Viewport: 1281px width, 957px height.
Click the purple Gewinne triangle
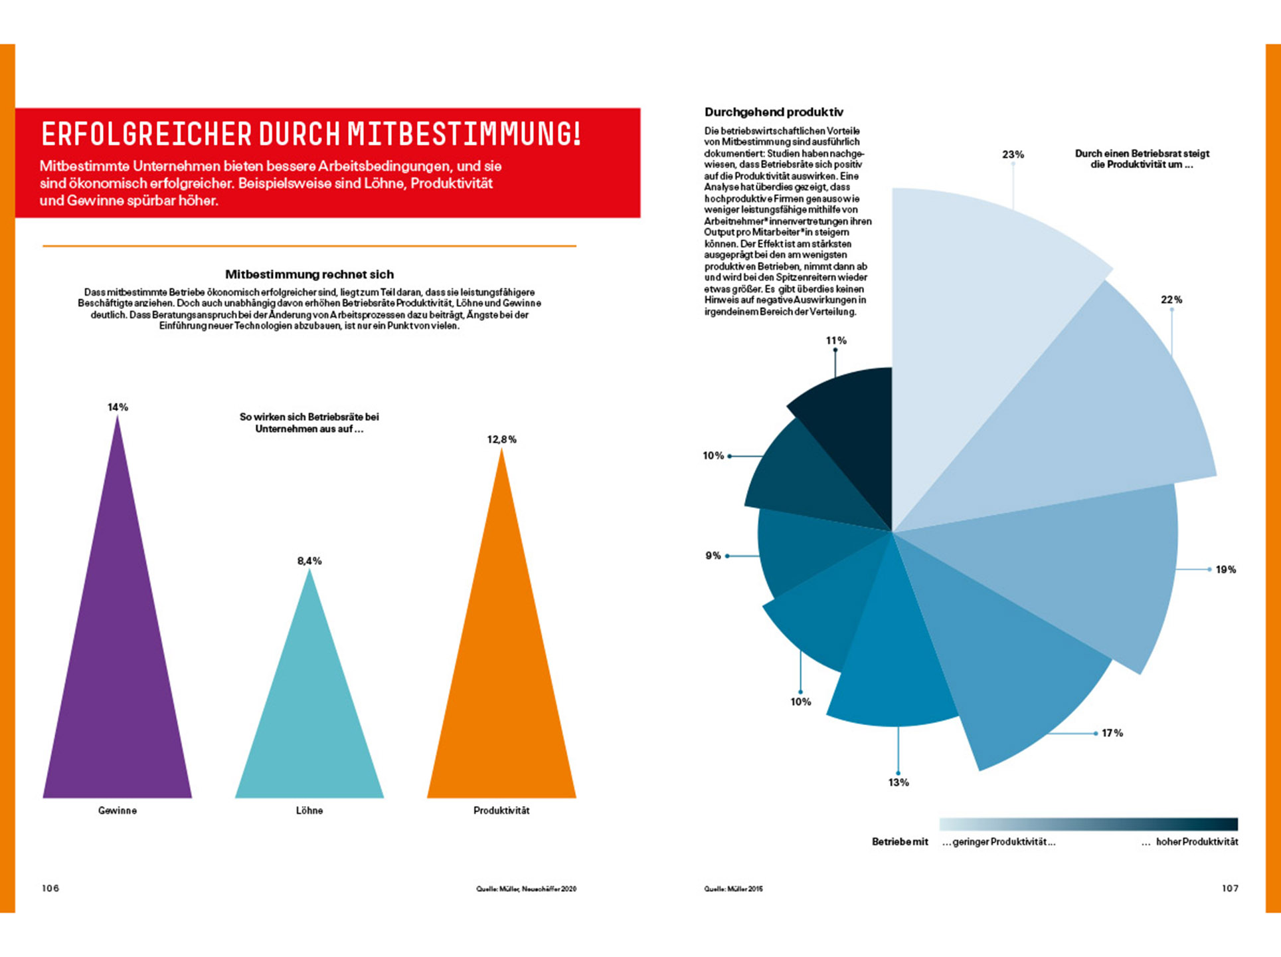pos(118,665)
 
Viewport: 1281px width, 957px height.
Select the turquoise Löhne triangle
pos(309,718)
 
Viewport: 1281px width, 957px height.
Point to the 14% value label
pos(118,407)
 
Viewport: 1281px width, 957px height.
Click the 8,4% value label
pos(309,561)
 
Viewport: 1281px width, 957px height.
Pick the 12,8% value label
pos(501,439)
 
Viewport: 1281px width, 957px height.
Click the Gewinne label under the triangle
pos(118,811)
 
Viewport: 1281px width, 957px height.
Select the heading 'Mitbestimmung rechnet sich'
pos(309,274)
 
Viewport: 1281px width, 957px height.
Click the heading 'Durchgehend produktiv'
pos(774,112)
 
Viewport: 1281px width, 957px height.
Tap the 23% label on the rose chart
pos(1013,154)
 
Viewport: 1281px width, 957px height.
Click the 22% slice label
pos(1171,300)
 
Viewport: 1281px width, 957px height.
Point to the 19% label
pos(1225,570)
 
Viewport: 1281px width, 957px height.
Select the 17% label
pos(1112,733)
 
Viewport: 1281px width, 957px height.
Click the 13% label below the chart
pos(898,783)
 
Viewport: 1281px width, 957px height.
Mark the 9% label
pos(713,556)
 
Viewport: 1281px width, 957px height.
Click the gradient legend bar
pos(1088,824)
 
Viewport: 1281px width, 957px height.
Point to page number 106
pos(50,889)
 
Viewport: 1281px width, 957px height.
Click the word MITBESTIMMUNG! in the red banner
pos(464,134)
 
